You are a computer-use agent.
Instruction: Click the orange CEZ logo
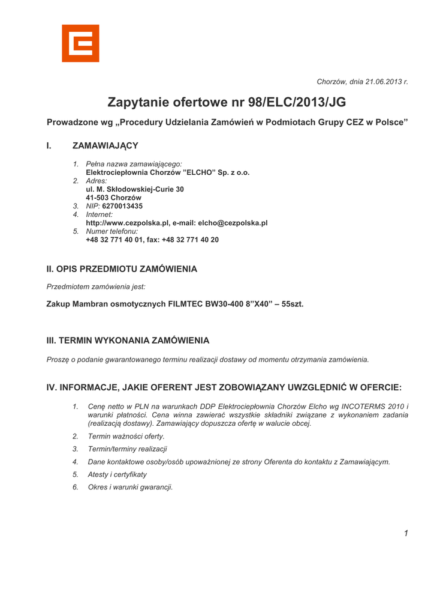pos(80,43)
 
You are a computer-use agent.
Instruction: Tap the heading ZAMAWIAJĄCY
pos(106,145)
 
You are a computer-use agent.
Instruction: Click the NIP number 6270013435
pos(122,206)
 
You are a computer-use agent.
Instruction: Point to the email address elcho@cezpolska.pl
pos(233,223)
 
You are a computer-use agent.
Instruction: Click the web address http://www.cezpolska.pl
pos(128,223)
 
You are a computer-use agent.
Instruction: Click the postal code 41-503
pos(98,198)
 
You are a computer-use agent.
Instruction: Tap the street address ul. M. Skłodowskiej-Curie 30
pos(135,189)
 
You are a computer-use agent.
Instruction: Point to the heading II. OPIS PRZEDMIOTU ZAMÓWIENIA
pos(122,269)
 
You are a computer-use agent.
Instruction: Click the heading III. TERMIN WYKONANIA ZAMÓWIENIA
pos(128,341)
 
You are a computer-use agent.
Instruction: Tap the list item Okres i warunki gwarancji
pos(130,487)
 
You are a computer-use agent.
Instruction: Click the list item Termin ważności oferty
pos(126,436)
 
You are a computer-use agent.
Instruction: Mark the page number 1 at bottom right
pos(406,533)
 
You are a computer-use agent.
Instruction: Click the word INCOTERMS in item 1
pos(365,407)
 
